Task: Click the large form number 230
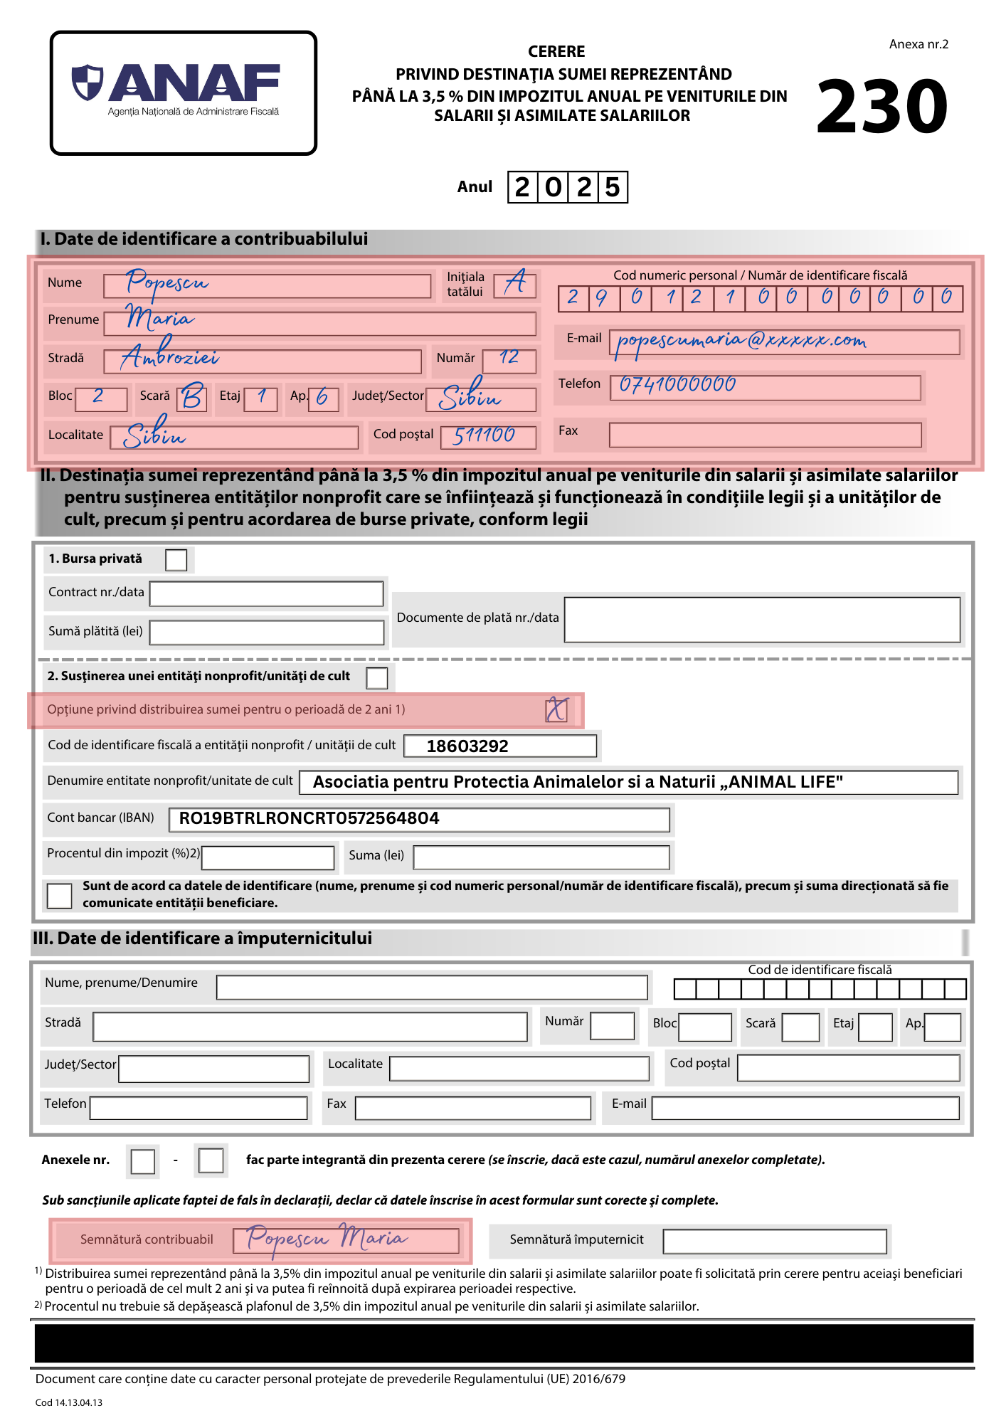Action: pos(882,107)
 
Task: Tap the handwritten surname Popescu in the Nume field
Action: pos(166,283)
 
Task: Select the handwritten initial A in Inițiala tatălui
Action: pos(516,283)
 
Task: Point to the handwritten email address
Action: pos(741,342)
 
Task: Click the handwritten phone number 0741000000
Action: pos(677,385)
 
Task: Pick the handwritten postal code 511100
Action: pos(485,435)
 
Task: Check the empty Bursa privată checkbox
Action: pos(176,560)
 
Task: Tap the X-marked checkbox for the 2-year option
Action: pos(556,710)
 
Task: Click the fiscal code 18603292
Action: pos(467,746)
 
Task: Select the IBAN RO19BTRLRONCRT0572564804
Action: pos(309,818)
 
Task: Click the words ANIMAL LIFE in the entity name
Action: pos(785,782)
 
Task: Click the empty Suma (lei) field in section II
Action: pos(541,857)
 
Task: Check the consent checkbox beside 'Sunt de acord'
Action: pos(59,896)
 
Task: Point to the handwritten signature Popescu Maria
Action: pos(327,1239)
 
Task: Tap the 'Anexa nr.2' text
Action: pos(918,44)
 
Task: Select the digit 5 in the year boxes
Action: pos(612,187)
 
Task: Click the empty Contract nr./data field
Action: pos(266,593)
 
